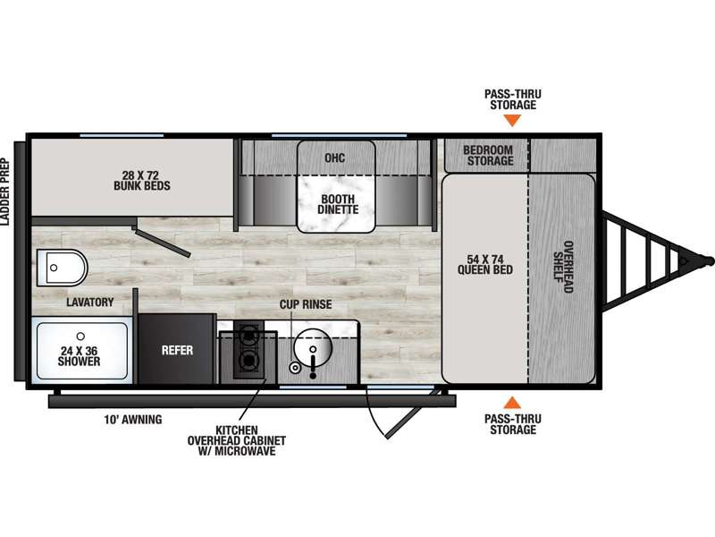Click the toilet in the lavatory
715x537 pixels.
[62, 268]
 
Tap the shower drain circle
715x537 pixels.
[80, 337]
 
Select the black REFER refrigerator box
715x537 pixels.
[177, 349]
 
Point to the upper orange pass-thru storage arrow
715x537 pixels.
[512, 121]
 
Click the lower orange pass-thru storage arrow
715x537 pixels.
[512, 403]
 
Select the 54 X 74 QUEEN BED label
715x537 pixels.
[485, 265]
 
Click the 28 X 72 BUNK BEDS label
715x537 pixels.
[142, 181]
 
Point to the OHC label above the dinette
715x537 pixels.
[334, 158]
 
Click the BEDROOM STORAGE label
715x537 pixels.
[488, 155]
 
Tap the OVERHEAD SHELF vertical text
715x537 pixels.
[563, 267]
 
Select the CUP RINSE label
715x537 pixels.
[306, 304]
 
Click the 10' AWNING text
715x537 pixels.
[132, 419]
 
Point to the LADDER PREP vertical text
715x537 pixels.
[5, 192]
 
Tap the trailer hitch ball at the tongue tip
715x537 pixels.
[709, 260]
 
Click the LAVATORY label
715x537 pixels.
[90, 302]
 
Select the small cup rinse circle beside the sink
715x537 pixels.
[296, 367]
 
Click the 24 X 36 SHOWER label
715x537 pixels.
[79, 356]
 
